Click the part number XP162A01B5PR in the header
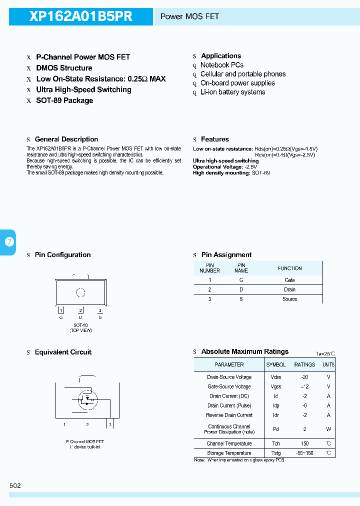(81, 16)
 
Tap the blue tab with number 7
(8, 242)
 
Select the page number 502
(15, 485)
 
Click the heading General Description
(66, 139)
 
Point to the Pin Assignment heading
(226, 255)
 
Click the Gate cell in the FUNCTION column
(289, 280)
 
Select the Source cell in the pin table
(289, 299)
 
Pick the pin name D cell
(241, 289)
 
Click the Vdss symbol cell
(275, 377)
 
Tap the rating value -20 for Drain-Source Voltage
(304, 377)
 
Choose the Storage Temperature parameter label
(229, 453)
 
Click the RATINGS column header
(304, 364)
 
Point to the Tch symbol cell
(275, 443)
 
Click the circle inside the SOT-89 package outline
(80, 293)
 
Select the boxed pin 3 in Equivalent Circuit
(110, 424)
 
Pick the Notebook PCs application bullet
(221, 65)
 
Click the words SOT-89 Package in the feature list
(64, 100)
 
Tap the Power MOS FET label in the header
(189, 16)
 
